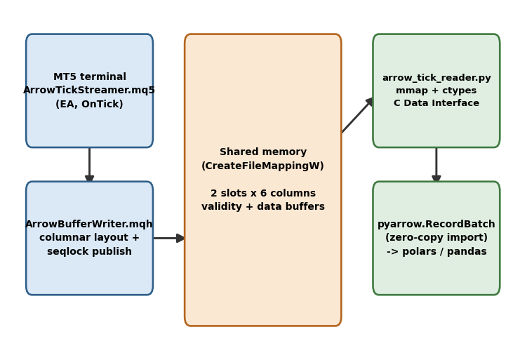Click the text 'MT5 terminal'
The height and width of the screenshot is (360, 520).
coord(90,76)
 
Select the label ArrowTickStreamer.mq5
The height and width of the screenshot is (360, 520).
coord(89,90)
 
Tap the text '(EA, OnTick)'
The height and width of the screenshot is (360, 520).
coord(89,104)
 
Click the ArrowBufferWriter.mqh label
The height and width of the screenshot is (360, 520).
coord(89,224)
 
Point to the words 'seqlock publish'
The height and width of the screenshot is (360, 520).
coord(89,251)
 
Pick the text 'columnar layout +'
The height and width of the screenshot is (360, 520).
coord(89,238)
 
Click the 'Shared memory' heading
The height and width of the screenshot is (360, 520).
coord(263,152)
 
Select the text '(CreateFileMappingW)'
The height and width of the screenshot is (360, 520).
coord(262,166)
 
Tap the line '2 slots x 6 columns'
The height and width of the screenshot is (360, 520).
coord(263,193)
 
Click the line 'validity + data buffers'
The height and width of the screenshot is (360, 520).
coord(263,206)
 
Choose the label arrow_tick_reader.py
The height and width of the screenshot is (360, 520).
coord(436,78)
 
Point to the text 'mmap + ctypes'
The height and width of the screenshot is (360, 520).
coord(436,91)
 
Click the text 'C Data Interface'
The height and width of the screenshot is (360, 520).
coord(436,103)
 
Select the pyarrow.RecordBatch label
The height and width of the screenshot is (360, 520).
coord(436,224)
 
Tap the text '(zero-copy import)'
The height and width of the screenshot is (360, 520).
coord(436,238)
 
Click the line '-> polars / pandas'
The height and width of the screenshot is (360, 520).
coord(436,251)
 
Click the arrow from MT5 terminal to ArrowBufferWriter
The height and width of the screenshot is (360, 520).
coord(90,165)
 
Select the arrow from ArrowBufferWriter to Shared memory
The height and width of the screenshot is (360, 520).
coord(169,238)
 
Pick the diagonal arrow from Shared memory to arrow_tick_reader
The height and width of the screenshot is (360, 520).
coord(357,115)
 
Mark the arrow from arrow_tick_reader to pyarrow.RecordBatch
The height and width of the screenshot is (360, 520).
coord(436,165)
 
